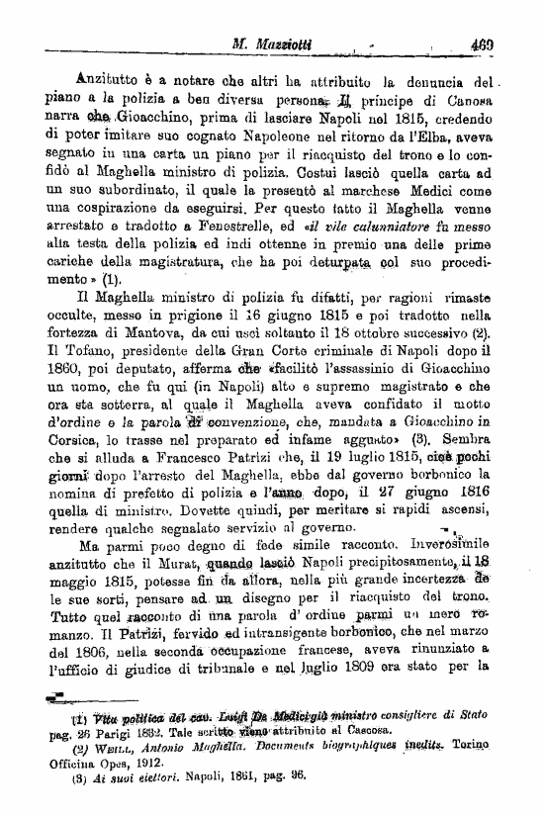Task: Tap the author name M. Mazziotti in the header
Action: tap(272, 44)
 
